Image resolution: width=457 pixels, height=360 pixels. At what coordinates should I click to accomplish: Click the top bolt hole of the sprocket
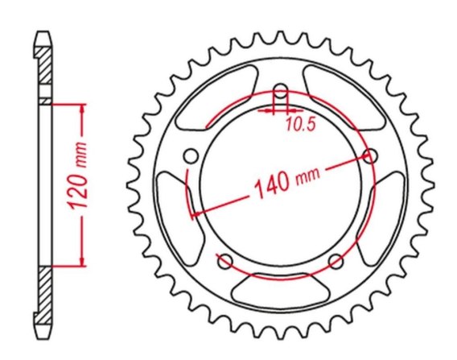coord(280,91)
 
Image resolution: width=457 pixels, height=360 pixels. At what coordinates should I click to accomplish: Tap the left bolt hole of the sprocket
coord(191,156)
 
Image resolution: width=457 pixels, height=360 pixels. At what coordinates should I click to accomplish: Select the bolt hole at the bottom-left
coord(225,261)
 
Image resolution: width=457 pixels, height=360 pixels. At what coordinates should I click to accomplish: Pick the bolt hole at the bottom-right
coord(336,261)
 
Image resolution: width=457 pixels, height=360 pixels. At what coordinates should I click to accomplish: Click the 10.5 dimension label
coord(300,124)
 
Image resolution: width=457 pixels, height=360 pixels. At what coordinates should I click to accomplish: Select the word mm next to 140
coord(308,174)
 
